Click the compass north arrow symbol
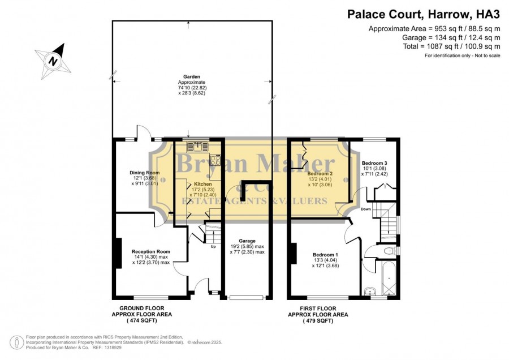pos(53,61)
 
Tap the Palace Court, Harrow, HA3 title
pos(424,14)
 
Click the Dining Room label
pos(144,173)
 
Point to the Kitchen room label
pos(203,184)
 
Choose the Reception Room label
pos(151,251)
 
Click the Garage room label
pos(247,241)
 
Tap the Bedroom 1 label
pos(325,255)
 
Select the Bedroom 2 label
pos(320,174)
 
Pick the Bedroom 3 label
pos(374,163)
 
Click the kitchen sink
pos(198,147)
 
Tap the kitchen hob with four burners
pos(215,160)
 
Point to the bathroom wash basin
pos(369,291)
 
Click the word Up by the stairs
pos(213,247)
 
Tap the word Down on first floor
pos(366,209)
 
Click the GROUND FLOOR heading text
pos(142,308)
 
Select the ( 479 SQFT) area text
pos(318,321)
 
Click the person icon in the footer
pos(16,342)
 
